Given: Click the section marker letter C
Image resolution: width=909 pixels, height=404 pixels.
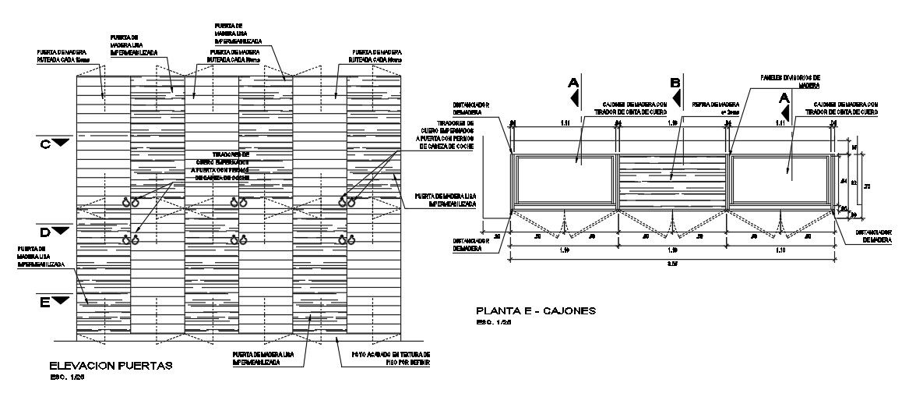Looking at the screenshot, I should [44, 144].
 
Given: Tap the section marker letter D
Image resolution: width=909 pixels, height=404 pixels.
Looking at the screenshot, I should [44, 232].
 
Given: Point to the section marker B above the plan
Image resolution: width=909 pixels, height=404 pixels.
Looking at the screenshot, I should [675, 82].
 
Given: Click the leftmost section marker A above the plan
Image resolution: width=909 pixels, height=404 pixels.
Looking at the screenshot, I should [574, 82].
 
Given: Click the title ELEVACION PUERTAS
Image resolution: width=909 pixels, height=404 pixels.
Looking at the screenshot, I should [110, 366].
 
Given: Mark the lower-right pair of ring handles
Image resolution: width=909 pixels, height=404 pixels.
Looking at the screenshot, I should [346, 239].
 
